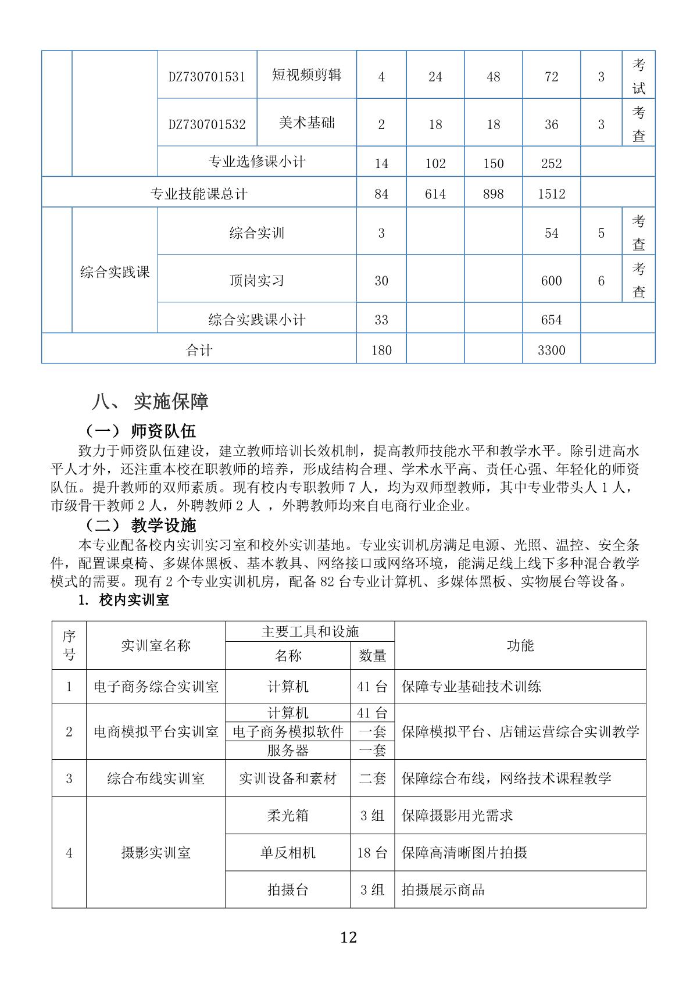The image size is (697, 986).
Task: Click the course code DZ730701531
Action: click(x=207, y=77)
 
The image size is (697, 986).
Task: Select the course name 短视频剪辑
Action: click(x=306, y=75)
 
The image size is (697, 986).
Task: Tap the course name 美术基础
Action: click(x=306, y=123)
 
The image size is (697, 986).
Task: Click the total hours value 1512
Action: click(x=551, y=194)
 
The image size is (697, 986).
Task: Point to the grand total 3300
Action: click(x=551, y=350)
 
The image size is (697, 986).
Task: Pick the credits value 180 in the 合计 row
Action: click(x=381, y=350)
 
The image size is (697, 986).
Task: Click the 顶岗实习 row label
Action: click(x=256, y=281)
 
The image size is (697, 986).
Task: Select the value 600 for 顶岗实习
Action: click(x=551, y=281)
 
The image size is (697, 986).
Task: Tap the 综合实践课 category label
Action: click(x=115, y=271)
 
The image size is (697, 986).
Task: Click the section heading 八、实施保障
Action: click(x=150, y=401)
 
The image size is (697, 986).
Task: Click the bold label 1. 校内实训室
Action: click(x=123, y=600)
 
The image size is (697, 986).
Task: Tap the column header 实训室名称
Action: click(x=156, y=645)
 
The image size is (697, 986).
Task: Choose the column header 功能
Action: click(x=520, y=645)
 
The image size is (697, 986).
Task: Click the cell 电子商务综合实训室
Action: click(x=156, y=687)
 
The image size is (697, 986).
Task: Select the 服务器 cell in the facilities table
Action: click(x=288, y=751)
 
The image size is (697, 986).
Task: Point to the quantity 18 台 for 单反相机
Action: click(x=372, y=853)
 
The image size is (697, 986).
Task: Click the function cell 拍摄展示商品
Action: click(x=443, y=889)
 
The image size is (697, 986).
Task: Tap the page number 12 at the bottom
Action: click(x=348, y=937)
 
